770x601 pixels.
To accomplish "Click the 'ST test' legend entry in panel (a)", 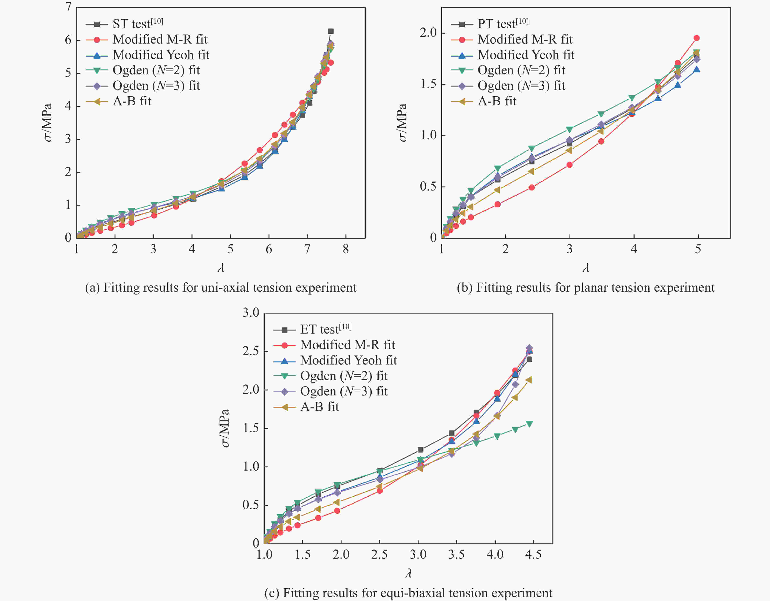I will (137, 24).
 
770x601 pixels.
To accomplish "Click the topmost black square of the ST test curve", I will (331, 31).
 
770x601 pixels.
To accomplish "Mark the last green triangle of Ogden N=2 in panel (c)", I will (529, 424).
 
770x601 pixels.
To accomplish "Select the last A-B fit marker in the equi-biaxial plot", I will (529, 380).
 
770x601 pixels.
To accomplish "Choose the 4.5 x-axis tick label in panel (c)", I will (533, 555).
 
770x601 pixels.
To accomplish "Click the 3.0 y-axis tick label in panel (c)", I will (251, 312).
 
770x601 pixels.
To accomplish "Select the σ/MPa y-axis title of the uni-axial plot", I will (48, 123).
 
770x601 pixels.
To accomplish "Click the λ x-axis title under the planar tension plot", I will (586, 268).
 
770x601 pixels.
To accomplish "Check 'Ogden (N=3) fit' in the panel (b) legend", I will (521, 86).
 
